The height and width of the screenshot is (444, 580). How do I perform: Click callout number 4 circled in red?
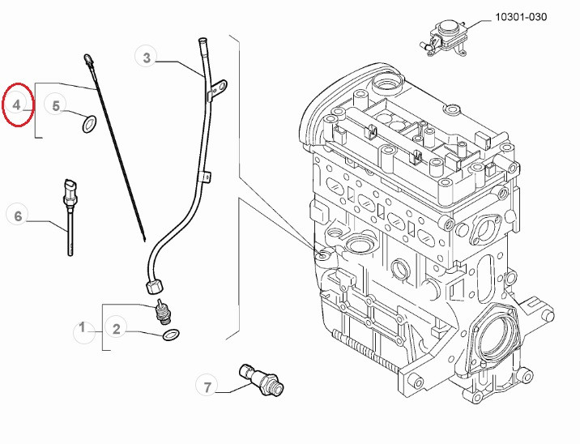coord(17,105)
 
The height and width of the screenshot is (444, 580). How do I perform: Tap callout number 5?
coord(55,106)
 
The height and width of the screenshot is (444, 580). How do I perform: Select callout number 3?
coord(147,58)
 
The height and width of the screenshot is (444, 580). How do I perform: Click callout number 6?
coord(18,216)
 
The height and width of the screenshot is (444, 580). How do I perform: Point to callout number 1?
coord(83,328)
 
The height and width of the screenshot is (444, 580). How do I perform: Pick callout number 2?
coord(116,329)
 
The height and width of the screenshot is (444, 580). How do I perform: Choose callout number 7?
coord(207,387)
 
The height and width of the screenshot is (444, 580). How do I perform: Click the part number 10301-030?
coord(521,17)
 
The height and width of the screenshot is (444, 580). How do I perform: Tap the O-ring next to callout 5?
coord(89,124)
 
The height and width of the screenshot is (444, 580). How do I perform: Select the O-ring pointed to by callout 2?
coord(171,335)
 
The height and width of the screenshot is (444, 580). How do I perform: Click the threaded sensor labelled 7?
coord(262,380)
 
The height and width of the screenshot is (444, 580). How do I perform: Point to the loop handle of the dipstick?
coord(89,59)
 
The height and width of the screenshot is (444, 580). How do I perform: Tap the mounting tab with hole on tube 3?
coord(218,88)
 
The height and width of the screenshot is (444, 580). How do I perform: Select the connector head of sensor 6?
coord(69,188)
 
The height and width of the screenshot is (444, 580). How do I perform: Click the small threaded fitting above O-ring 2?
coord(163,313)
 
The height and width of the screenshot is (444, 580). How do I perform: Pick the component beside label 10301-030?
coord(444,38)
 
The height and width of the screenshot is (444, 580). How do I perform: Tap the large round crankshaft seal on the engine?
coord(496,335)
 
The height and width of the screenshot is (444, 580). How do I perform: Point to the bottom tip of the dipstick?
coord(144,240)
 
